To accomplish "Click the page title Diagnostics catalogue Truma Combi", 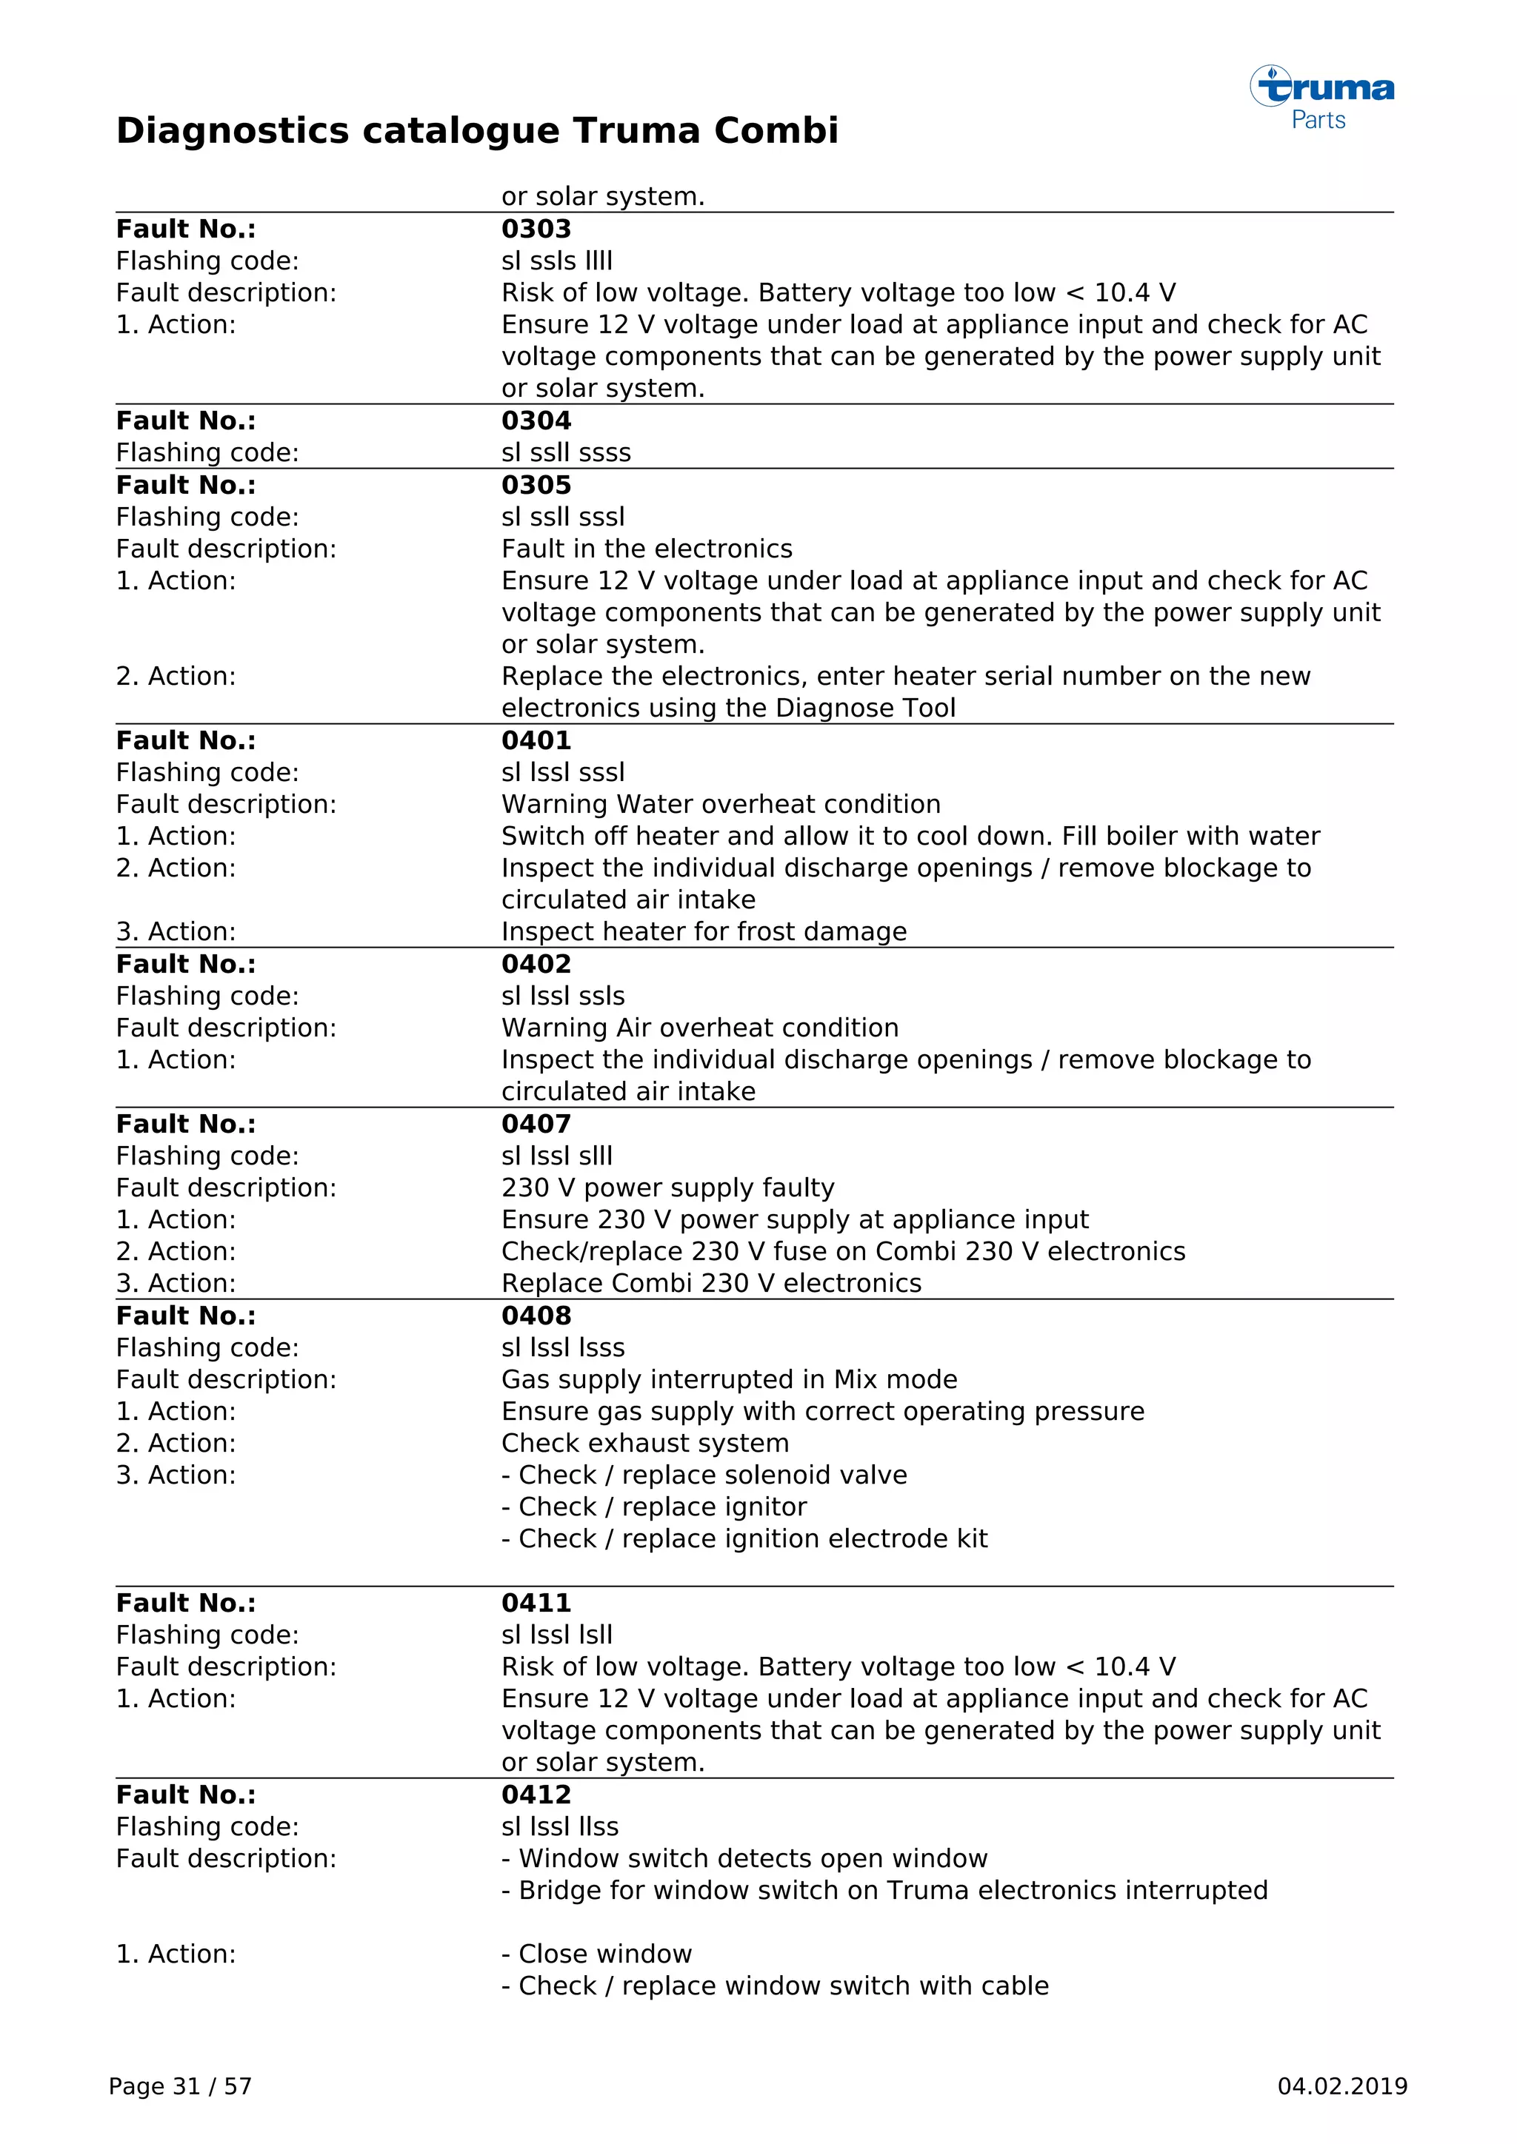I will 476,131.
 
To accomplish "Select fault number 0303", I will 536,229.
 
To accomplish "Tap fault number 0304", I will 536,421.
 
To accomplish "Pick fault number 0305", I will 536,486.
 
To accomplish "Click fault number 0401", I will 536,740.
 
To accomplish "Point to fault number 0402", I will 536,964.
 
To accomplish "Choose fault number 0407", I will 536,1125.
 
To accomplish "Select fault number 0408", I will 536,1316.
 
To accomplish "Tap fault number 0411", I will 536,1604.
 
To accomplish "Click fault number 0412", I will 536,1795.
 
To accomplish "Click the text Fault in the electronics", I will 647,549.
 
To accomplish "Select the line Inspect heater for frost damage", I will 704,932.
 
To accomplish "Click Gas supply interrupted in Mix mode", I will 729,1379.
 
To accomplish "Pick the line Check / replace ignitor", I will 654,1507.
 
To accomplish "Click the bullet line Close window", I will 597,1954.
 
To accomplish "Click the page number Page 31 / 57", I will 180,2087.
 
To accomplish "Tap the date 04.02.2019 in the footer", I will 1341,2087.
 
